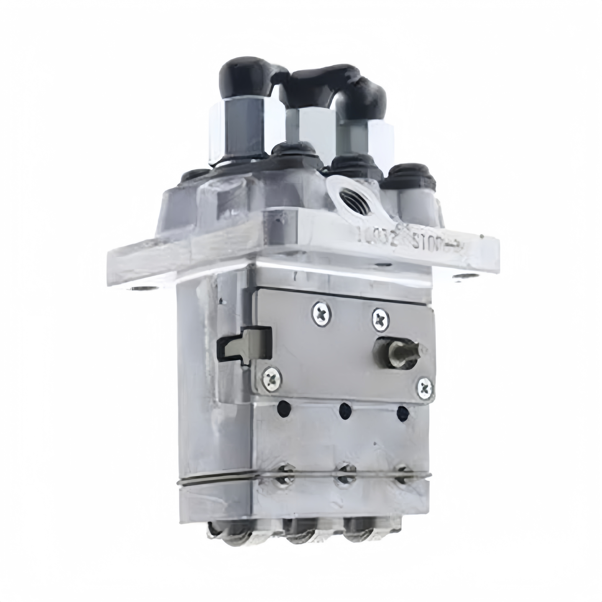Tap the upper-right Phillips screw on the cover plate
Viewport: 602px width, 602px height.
(380, 319)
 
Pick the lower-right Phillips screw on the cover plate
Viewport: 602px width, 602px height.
(425, 389)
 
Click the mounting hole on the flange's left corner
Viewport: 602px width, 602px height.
(140, 288)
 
